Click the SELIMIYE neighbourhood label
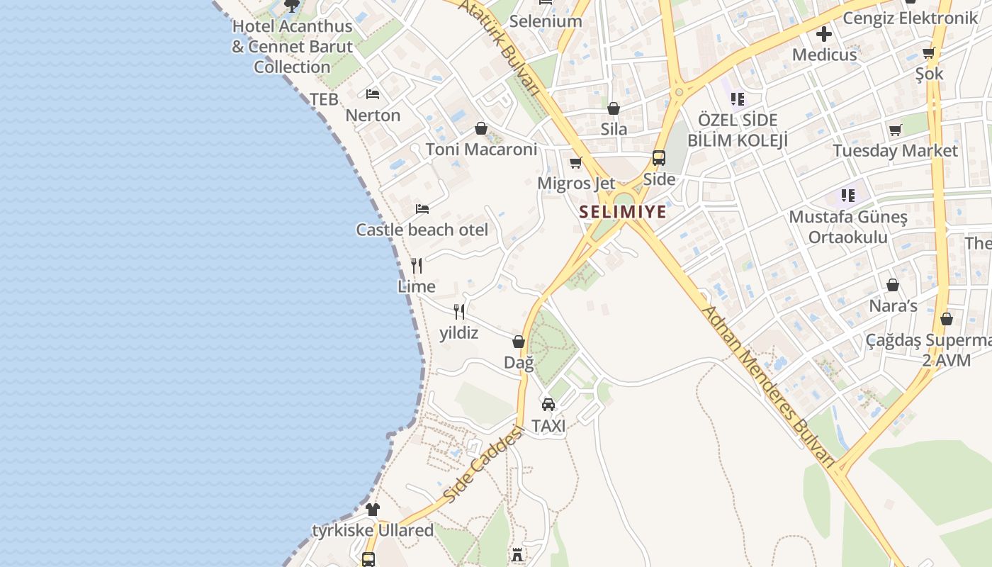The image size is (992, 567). [x=623, y=211]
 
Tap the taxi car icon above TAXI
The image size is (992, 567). [x=548, y=405]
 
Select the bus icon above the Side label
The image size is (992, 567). [x=659, y=158]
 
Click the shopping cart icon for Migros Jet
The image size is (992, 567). [x=576, y=163]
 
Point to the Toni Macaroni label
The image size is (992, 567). [x=481, y=150]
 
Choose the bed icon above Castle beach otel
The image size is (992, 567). [x=422, y=209]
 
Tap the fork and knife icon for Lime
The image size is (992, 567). [x=417, y=266]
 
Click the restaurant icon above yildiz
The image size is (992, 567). [x=459, y=312]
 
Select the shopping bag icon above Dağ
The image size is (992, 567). [x=519, y=342]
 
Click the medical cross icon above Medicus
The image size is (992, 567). [x=824, y=33]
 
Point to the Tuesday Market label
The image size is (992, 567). [x=895, y=151]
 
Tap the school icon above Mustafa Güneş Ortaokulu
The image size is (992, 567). [x=847, y=195]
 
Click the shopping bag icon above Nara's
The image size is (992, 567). [x=893, y=285]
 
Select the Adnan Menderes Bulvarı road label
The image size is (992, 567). [x=767, y=386]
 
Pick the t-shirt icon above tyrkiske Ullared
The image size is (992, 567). [x=373, y=510]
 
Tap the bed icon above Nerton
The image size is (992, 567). [x=373, y=94]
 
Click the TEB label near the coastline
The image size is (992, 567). [x=324, y=100]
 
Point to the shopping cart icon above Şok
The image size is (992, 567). [x=929, y=52]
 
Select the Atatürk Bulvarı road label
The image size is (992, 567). [x=500, y=46]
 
